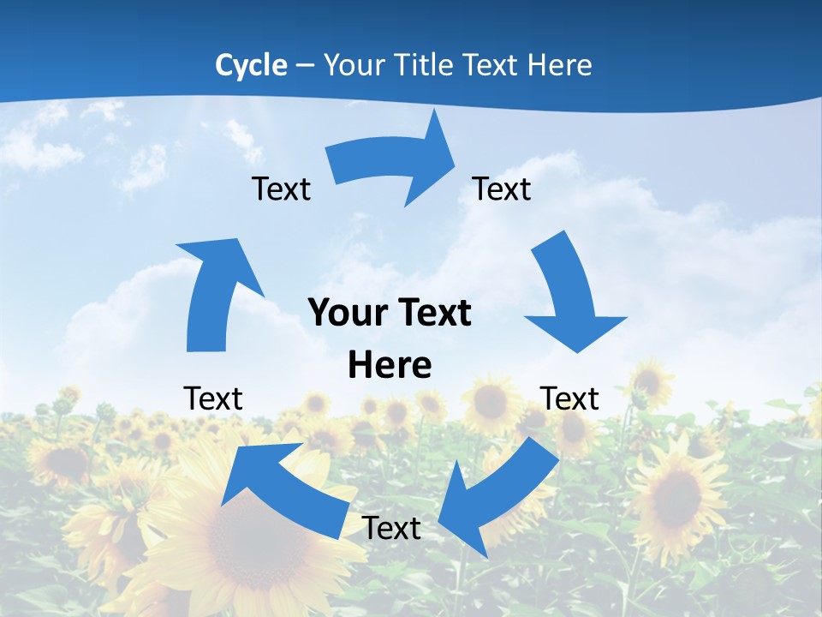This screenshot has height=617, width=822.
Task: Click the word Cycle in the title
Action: click(x=251, y=65)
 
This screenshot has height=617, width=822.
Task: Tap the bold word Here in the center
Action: click(x=390, y=366)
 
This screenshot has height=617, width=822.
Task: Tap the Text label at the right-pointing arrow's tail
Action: click(x=281, y=189)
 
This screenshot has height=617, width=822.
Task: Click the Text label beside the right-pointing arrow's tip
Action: click(x=502, y=189)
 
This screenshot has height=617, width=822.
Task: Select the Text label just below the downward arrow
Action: click(x=569, y=398)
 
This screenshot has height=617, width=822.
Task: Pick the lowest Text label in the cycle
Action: click(x=391, y=528)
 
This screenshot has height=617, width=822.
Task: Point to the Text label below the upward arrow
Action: click(x=213, y=398)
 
